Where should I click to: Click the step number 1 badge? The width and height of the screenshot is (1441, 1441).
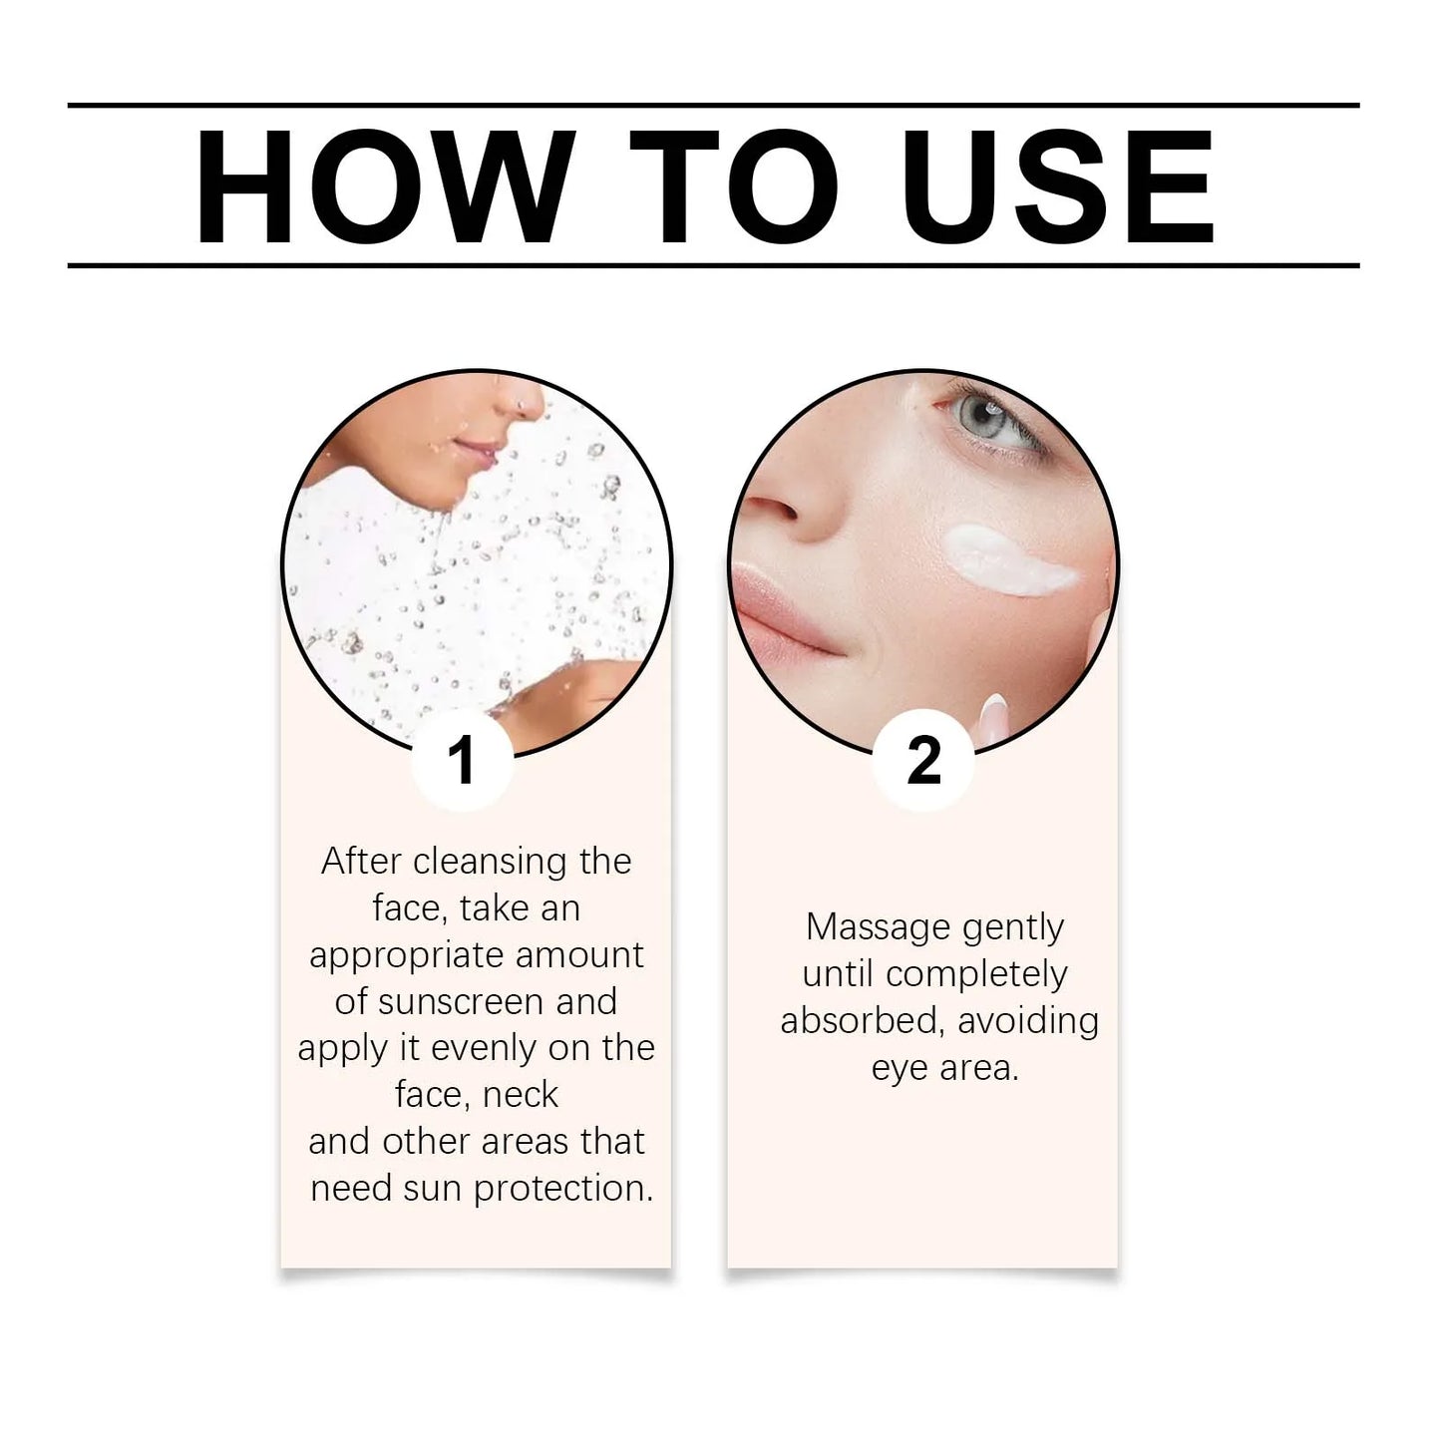(462, 761)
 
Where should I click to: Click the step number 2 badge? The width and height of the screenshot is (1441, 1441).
(923, 761)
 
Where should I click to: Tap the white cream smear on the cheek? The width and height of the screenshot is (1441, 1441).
(1007, 558)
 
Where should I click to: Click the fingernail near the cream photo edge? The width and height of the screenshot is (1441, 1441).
(992, 714)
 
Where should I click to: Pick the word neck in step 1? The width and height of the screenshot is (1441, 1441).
(518, 1095)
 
